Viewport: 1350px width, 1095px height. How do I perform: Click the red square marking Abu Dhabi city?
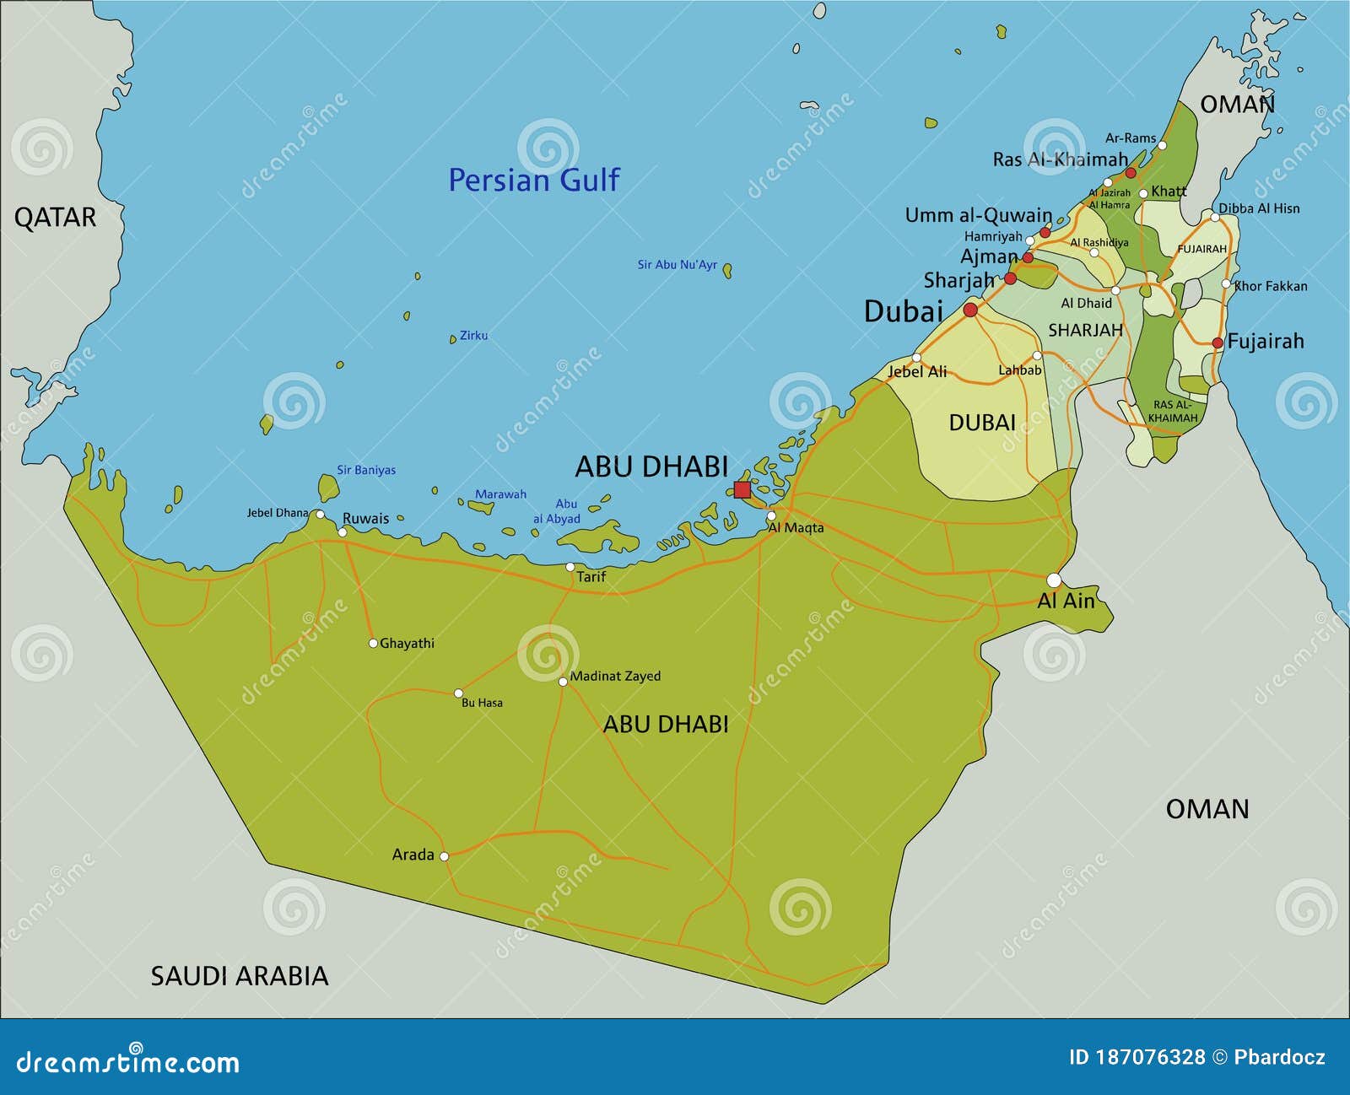click(x=742, y=490)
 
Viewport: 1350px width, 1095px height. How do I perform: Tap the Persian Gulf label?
click(x=533, y=180)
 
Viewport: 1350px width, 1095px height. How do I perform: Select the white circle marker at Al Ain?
click(x=1054, y=580)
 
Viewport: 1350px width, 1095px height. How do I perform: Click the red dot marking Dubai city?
click(x=970, y=310)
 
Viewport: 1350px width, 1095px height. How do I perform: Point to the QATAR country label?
click(x=55, y=218)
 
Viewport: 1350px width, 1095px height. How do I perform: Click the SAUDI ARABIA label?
click(x=240, y=976)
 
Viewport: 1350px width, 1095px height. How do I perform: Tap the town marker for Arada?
click(x=445, y=855)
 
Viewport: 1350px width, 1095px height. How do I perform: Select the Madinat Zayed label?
click(x=615, y=676)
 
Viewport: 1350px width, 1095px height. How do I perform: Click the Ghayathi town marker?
click(x=373, y=644)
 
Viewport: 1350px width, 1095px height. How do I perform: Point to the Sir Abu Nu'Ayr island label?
click(x=677, y=265)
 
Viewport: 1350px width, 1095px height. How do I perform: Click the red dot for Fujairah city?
click(x=1218, y=343)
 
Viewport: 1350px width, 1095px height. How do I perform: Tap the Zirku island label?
click(x=473, y=336)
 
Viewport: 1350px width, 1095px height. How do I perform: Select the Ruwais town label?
click(x=365, y=519)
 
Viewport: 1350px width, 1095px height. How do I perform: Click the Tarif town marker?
click(x=570, y=567)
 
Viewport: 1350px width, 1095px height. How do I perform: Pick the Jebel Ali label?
click(x=917, y=372)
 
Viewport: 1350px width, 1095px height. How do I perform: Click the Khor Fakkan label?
click(x=1271, y=287)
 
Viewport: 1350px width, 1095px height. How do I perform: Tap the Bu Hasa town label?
click(x=482, y=703)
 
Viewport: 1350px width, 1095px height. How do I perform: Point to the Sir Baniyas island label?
click(x=366, y=471)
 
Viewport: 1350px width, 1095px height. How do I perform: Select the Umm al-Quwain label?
click(x=979, y=215)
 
